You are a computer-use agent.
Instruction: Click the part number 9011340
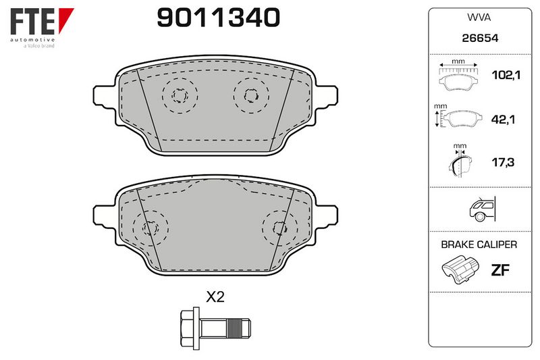[x=218, y=18]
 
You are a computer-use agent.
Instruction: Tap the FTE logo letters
[x=32, y=22]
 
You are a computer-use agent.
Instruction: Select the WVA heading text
[x=479, y=18]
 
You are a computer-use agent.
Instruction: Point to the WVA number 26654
[x=480, y=38]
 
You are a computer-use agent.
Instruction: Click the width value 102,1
[x=506, y=75]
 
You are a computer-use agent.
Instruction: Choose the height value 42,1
[x=503, y=120]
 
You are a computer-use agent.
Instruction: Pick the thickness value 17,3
[x=503, y=162]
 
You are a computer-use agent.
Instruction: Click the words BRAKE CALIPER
[x=479, y=245]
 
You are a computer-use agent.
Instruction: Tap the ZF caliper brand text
[x=500, y=270]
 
